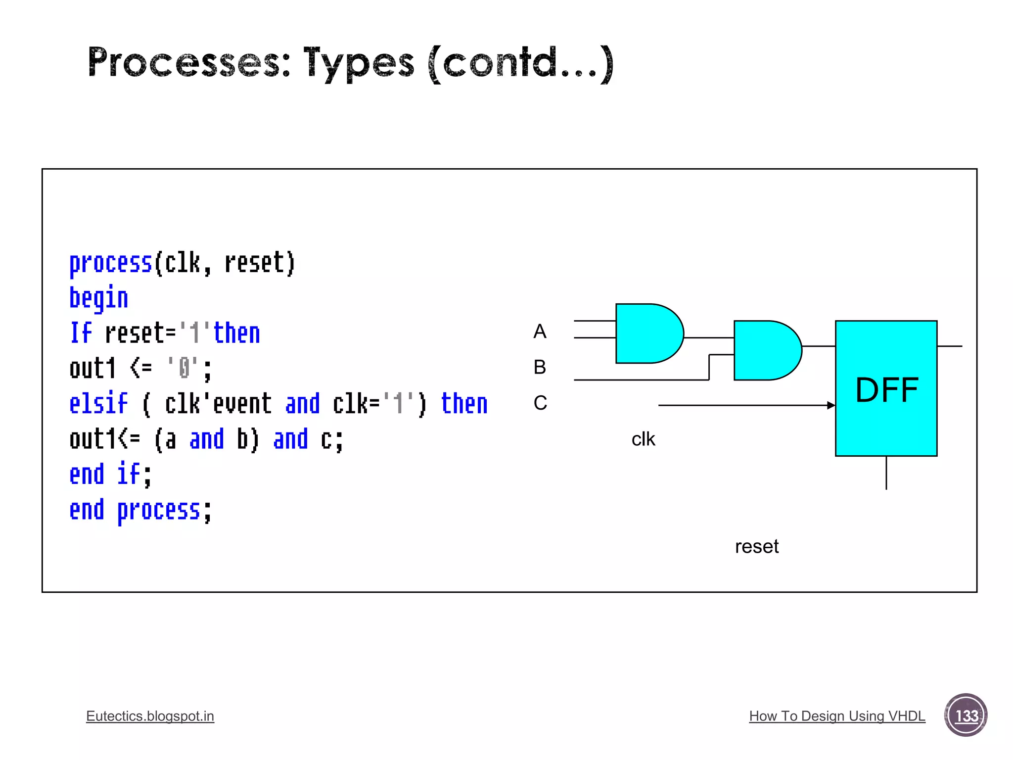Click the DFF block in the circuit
[886, 388]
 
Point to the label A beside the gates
[540, 332]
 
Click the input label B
[540, 367]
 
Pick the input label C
[540, 403]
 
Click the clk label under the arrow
[643, 439]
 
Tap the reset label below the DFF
[756, 547]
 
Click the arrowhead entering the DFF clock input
[831, 405]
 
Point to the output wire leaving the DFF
[950, 346]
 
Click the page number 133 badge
[966, 715]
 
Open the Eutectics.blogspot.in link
[150, 716]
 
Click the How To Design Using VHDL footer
[837, 716]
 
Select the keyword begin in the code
[98, 298]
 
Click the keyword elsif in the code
[98, 403]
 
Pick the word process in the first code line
[110, 263]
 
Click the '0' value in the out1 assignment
[184, 368]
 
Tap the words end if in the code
[110, 474]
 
